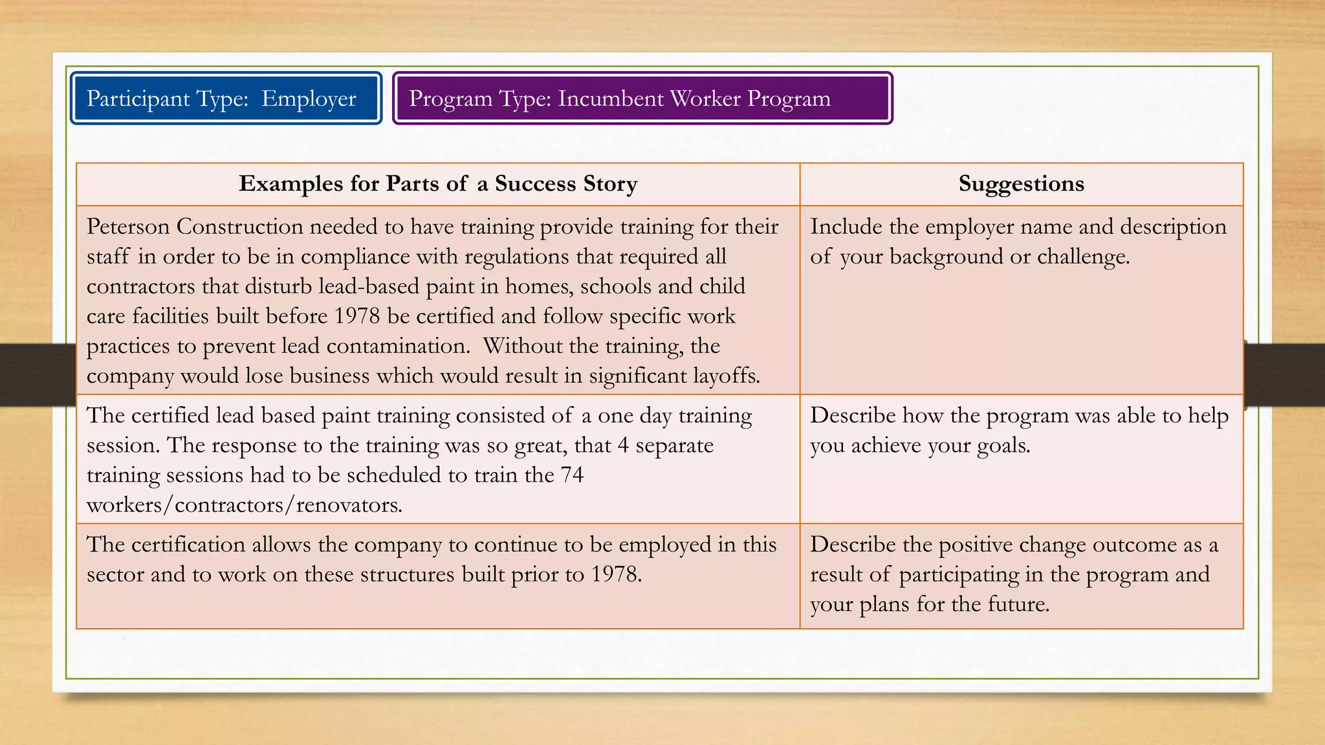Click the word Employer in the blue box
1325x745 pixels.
(x=309, y=99)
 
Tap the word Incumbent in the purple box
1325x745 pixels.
(x=611, y=99)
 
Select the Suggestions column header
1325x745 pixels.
(x=1021, y=184)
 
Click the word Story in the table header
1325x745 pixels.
(x=610, y=184)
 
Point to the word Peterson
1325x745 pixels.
(x=128, y=227)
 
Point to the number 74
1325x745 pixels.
(x=572, y=475)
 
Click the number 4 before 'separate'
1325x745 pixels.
(x=623, y=446)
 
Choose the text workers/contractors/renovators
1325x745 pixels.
(x=245, y=505)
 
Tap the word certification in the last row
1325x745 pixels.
(x=188, y=545)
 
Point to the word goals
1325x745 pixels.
(x=1003, y=446)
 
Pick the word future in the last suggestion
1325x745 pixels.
(x=1018, y=604)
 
